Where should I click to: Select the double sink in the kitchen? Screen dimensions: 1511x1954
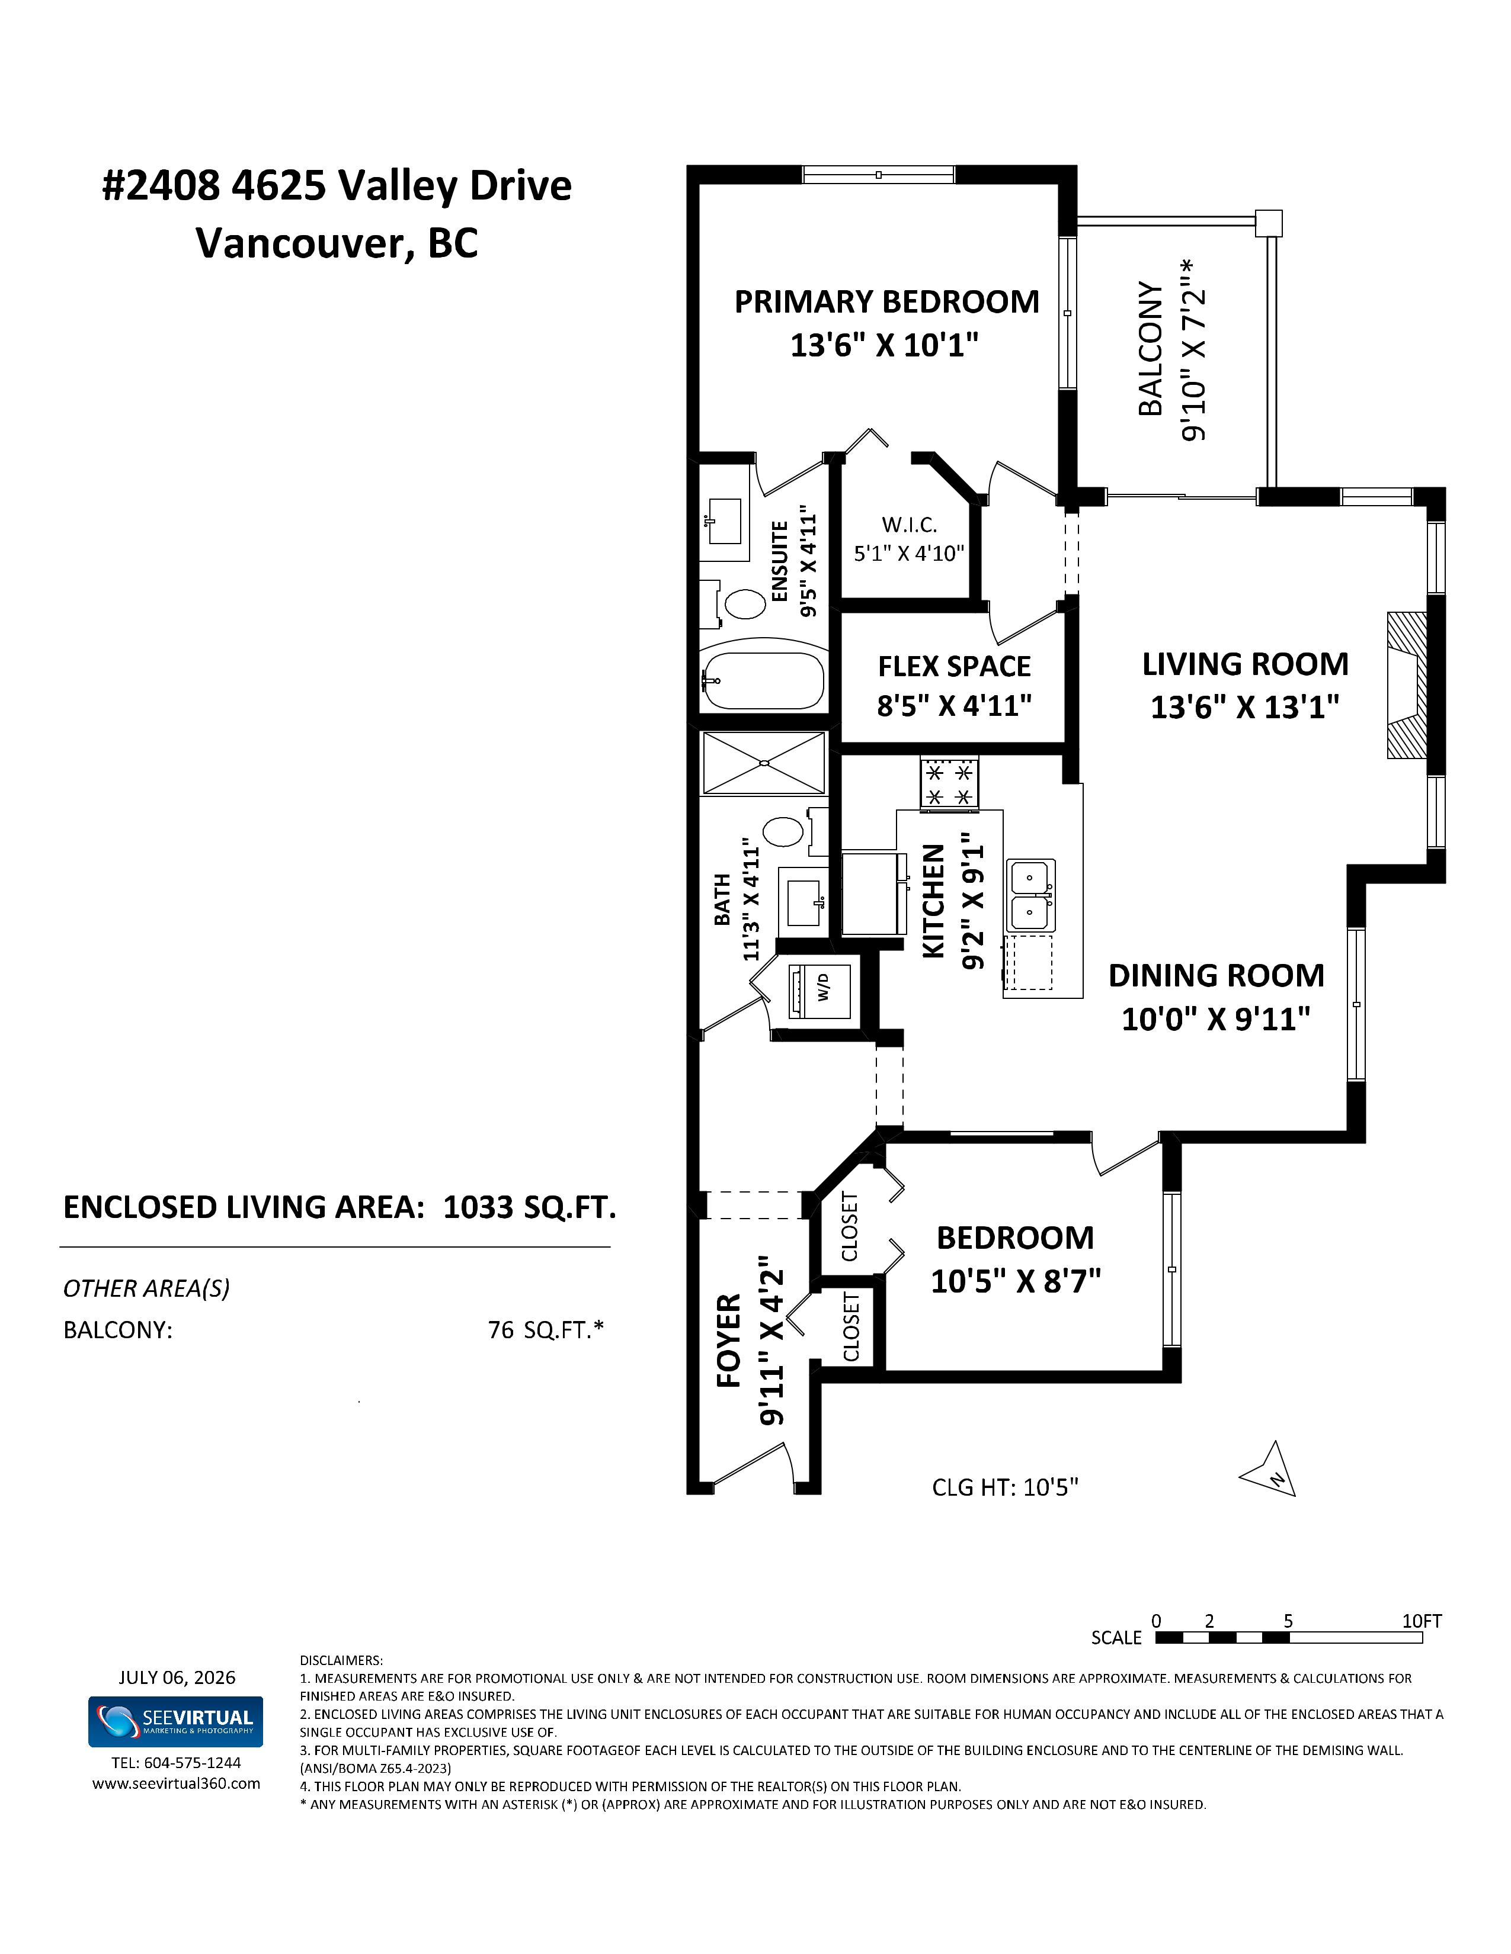[x=1030, y=895]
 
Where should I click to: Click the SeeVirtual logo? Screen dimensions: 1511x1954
[x=175, y=1721]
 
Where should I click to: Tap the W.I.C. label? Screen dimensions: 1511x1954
[x=908, y=525]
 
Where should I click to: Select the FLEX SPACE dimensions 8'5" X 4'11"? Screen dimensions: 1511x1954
[x=954, y=706]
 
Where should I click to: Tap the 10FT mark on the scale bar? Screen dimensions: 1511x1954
[x=1422, y=1621]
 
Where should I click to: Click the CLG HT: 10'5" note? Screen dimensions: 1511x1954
[x=1005, y=1487]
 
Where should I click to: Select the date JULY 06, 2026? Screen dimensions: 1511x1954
[x=177, y=1677]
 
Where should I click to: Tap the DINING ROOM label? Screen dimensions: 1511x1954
[x=1217, y=975]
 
